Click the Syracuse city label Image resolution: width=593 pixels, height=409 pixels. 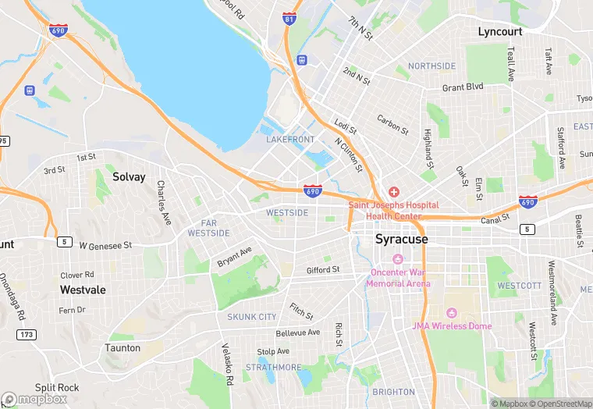tap(401, 239)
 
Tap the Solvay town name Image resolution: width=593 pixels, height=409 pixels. tap(129, 176)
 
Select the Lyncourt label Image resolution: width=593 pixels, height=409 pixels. tap(499, 31)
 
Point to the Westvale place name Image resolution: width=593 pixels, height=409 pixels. tap(83, 289)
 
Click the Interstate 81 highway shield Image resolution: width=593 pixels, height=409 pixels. tap(289, 18)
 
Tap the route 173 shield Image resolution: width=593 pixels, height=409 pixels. tap(26, 333)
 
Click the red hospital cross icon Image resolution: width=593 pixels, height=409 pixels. tap(393, 192)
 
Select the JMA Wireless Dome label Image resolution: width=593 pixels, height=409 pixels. tap(452, 325)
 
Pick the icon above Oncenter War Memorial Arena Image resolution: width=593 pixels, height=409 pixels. tap(398, 259)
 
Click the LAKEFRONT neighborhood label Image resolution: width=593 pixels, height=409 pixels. tap(290, 140)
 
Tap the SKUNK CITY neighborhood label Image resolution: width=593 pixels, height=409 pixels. tap(252, 317)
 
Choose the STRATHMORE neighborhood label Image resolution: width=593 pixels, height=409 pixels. tap(273, 367)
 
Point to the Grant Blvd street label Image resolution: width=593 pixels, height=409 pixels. tap(463, 87)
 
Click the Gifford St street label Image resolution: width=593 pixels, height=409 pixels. tap(322, 270)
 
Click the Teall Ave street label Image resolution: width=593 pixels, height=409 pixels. tap(511, 63)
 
